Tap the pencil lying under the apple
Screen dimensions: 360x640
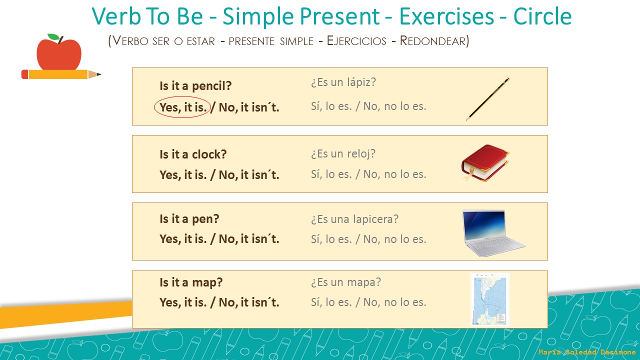click(x=60, y=74)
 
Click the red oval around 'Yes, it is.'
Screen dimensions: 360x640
click(x=182, y=106)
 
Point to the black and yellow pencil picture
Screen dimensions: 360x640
click(x=487, y=98)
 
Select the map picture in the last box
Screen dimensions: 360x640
click(x=489, y=299)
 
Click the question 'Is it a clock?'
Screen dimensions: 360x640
click(x=193, y=154)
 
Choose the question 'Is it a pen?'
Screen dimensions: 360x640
click(x=189, y=219)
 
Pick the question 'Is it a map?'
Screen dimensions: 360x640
click(x=191, y=282)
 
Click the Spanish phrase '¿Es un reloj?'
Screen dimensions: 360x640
click(x=343, y=153)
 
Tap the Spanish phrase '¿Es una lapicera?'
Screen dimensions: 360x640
click(x=354, y=219)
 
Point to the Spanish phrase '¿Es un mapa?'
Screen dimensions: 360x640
click(x=345, y=282)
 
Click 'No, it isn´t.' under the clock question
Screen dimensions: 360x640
click(x=249, y=175)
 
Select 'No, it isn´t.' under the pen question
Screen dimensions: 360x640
click(x=249, y=239)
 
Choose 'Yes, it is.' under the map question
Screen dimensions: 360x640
click(x=183, y=302)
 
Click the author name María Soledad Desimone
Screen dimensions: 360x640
click(x=587, y=352)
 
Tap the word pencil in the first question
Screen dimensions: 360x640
click(x=212, y=86)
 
